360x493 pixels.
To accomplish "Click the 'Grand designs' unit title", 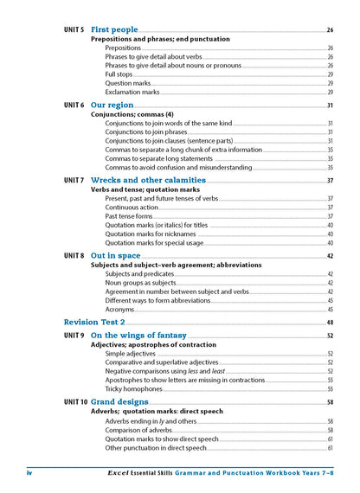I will coord(119,402).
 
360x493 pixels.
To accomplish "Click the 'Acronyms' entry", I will coord(119,309).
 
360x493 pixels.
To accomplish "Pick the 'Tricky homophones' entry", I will coord(132,388).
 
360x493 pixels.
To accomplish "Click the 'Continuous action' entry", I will coord(132,208).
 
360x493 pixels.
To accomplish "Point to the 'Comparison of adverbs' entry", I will coord(138,430).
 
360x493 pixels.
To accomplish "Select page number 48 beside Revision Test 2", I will coord(330,323).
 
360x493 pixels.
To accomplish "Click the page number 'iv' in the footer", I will coord(31,474).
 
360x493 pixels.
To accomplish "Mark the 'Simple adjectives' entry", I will coord(131,354).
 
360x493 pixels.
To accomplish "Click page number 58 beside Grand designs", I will coord(330,403).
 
